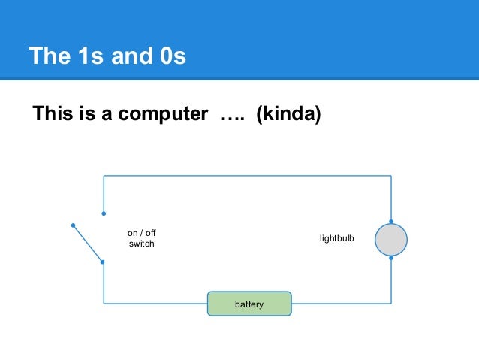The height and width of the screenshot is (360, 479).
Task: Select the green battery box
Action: pyautogui.click(x=249, y=304)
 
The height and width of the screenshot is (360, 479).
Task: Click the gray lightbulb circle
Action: pyautogui.click(x=390, y=240)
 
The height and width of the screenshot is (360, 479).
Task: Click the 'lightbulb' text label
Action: pyautogui.click(x=336, y=239)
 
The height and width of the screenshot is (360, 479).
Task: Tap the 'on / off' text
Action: pyautogui.click(x=141, y=234)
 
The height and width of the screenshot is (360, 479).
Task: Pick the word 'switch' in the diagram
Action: pyautogui.click(x=141, y=244)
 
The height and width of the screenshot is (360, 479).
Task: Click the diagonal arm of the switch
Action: pyautogui.click(x=87, y=244)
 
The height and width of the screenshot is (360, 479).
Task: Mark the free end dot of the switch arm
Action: pyautogui.click(x=73, y=225)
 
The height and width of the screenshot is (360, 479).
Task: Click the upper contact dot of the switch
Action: pyautogui.click(x=104, y=213)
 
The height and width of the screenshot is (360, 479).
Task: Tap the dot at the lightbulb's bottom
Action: pyautogui.click(x=390, y=258)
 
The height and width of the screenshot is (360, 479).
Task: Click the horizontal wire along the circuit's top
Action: pyautogui.click(x=248, y=176)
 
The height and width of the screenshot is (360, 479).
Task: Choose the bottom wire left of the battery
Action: pyautogui.click(x=154, y=304)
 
